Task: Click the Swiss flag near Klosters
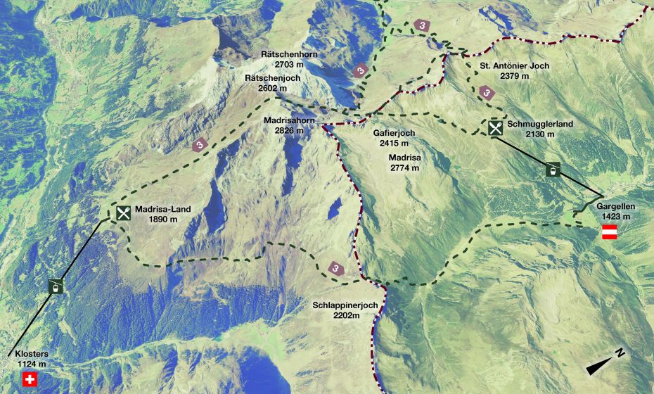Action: tap(30, 380)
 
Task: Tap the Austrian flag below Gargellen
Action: tap(610, 233)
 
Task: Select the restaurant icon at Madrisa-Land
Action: tap(123, 213)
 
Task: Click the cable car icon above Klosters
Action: tap(54, 286)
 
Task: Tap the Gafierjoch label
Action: tap(394, 132)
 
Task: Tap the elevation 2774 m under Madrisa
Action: tap(404, 168)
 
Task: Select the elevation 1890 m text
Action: tap(162, 219)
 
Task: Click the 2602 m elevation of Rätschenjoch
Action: tap(272, 89)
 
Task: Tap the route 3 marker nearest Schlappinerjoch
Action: tap(336, 268)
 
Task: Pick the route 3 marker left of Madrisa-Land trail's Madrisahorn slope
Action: tap(200, 145)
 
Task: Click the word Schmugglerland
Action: tap(540, 124)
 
